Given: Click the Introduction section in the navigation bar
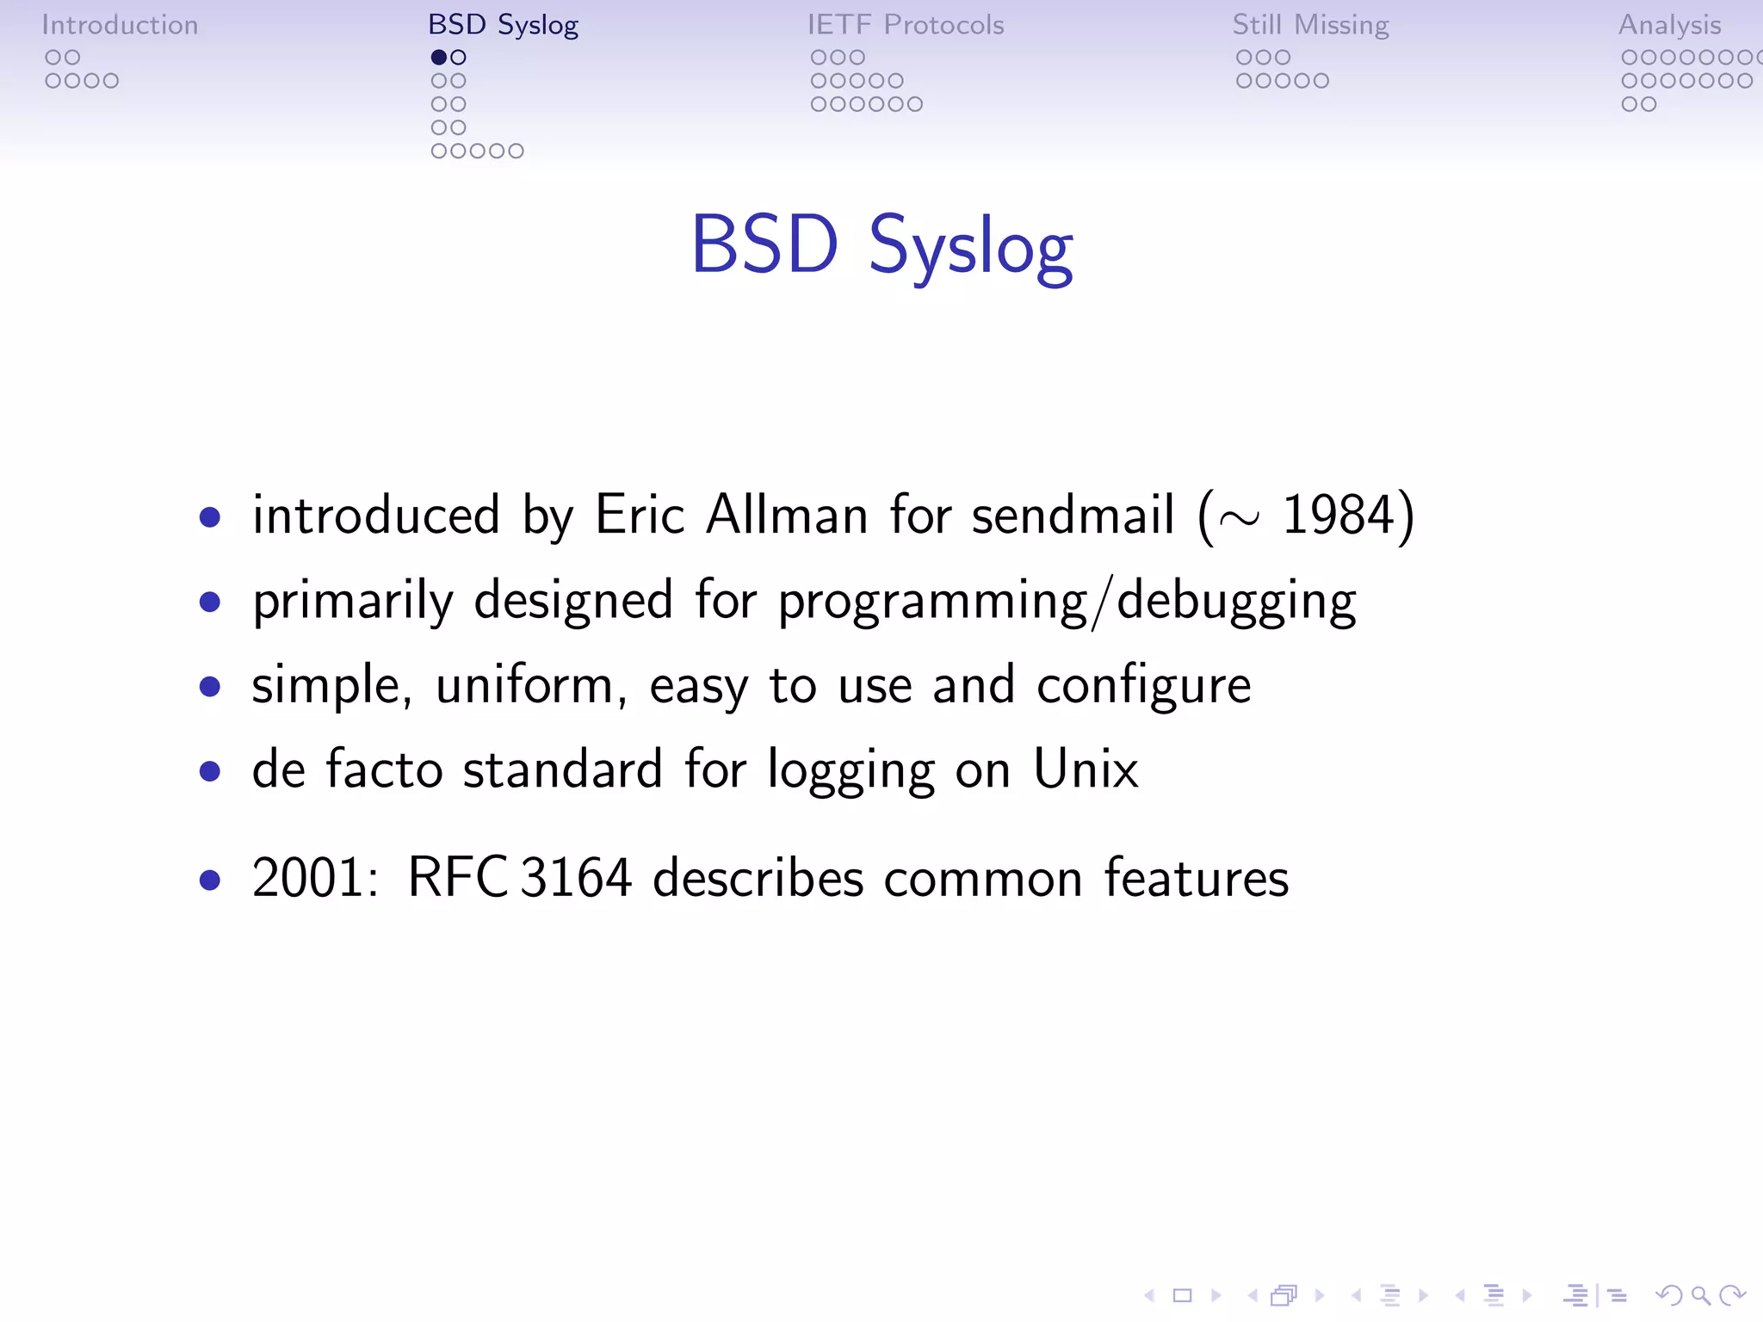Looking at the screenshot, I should (120, 25).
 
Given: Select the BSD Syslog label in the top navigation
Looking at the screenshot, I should (503, 25).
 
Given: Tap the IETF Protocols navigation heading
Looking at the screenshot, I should (906, 25).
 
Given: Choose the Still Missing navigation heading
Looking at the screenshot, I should (1310, 25).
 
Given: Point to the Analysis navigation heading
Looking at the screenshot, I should (1669, 25).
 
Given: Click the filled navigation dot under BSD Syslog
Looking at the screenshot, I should (439, 58).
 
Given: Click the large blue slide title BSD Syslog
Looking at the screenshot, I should (881, 246).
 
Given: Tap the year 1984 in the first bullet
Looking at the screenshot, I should (1338, 516).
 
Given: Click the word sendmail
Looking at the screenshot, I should (1073, 516).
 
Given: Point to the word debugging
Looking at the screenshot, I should (1236, 601).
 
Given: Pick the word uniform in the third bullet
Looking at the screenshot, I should (524, 686).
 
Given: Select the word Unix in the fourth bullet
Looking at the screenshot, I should (1086, 769).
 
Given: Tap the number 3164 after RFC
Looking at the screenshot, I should (576, 879).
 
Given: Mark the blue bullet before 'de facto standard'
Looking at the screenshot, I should (209, 771).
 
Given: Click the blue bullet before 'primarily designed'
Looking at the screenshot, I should (209, 602).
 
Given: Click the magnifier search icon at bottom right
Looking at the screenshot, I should (1700, 1295).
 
